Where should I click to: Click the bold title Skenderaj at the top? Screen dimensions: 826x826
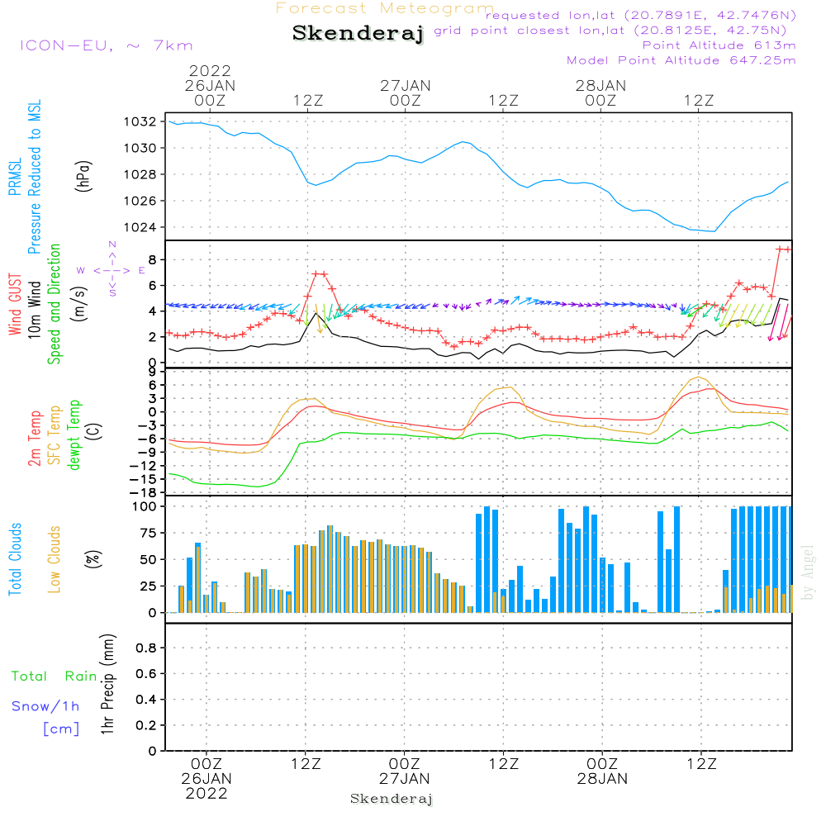358,34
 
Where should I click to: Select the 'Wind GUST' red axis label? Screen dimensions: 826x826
15,305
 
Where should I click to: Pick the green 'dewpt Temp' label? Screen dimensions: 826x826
75,434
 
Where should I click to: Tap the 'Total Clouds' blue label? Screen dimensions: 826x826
15,559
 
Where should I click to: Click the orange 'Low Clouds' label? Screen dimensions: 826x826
55,559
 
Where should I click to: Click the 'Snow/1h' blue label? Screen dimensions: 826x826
45,706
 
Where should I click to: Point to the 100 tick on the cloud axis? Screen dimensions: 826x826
145,506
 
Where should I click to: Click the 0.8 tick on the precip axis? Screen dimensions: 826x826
146,648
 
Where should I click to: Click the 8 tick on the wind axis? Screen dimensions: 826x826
152,259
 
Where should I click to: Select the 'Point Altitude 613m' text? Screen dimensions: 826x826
719,45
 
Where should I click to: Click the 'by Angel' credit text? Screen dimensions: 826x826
808,572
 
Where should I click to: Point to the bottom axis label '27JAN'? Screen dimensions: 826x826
404,778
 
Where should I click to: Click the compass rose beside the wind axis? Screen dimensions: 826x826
112,269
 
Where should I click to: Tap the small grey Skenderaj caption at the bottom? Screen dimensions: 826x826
392,799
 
